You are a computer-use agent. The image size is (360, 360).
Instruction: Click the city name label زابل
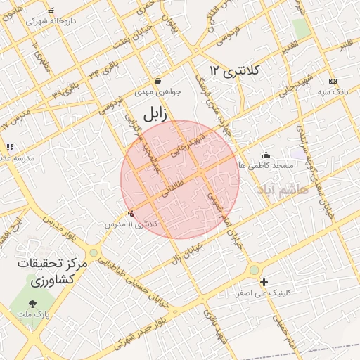point(155,115)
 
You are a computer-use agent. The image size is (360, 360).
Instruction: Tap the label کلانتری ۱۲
point(235,70)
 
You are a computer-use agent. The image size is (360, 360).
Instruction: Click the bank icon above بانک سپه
point(333,82)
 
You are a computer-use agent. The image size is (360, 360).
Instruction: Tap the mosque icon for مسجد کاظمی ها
point(265,155)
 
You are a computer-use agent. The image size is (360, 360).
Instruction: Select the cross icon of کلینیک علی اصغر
point(264,281)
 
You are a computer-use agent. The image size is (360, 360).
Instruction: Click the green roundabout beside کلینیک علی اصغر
point(254,269)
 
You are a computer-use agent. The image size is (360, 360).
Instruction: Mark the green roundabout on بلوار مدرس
point(94,252)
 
